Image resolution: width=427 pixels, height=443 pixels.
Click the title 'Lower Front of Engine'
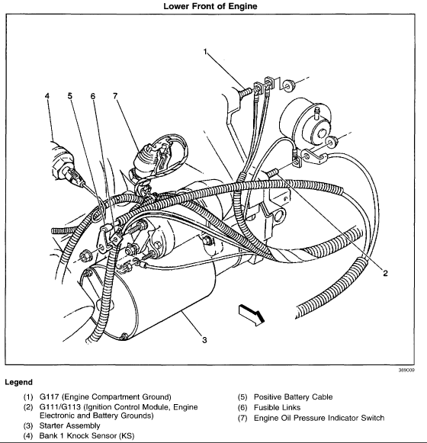(x=214, y=7)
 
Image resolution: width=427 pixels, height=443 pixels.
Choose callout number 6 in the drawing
(x=115, y=96)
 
